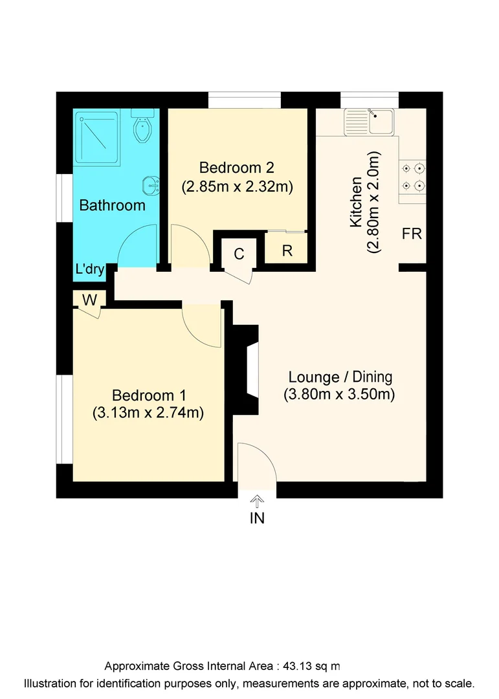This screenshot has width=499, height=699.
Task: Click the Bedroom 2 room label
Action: (237, 168)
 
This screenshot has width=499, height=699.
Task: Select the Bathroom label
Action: (112, 206)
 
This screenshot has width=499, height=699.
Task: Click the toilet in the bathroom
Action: (142, 128)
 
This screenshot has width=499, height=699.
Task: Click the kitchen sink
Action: (370, 122)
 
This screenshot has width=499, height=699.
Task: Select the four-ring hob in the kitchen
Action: (414, 177)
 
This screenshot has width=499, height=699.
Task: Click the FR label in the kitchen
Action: (412, 234)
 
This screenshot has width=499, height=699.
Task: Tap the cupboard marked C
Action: (239, 254)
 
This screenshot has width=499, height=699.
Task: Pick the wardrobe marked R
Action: (287, 250)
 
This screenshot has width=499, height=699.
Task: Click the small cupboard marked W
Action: (89, 300)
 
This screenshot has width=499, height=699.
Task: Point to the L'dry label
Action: (90, 270)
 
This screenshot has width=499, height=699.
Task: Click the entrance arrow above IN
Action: (258, 500)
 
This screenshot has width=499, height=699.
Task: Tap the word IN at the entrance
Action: (258, 518)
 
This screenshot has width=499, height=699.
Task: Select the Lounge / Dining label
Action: (340, 377)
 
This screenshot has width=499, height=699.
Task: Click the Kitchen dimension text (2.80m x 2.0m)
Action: (373, 202)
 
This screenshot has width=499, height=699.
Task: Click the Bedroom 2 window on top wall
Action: (245, 100)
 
